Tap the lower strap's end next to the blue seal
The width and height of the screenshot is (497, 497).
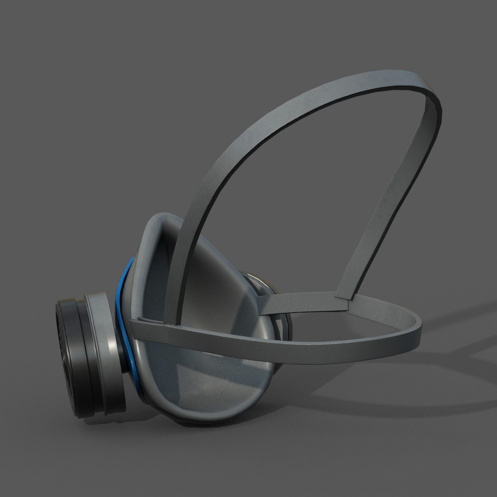coord(136,327)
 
